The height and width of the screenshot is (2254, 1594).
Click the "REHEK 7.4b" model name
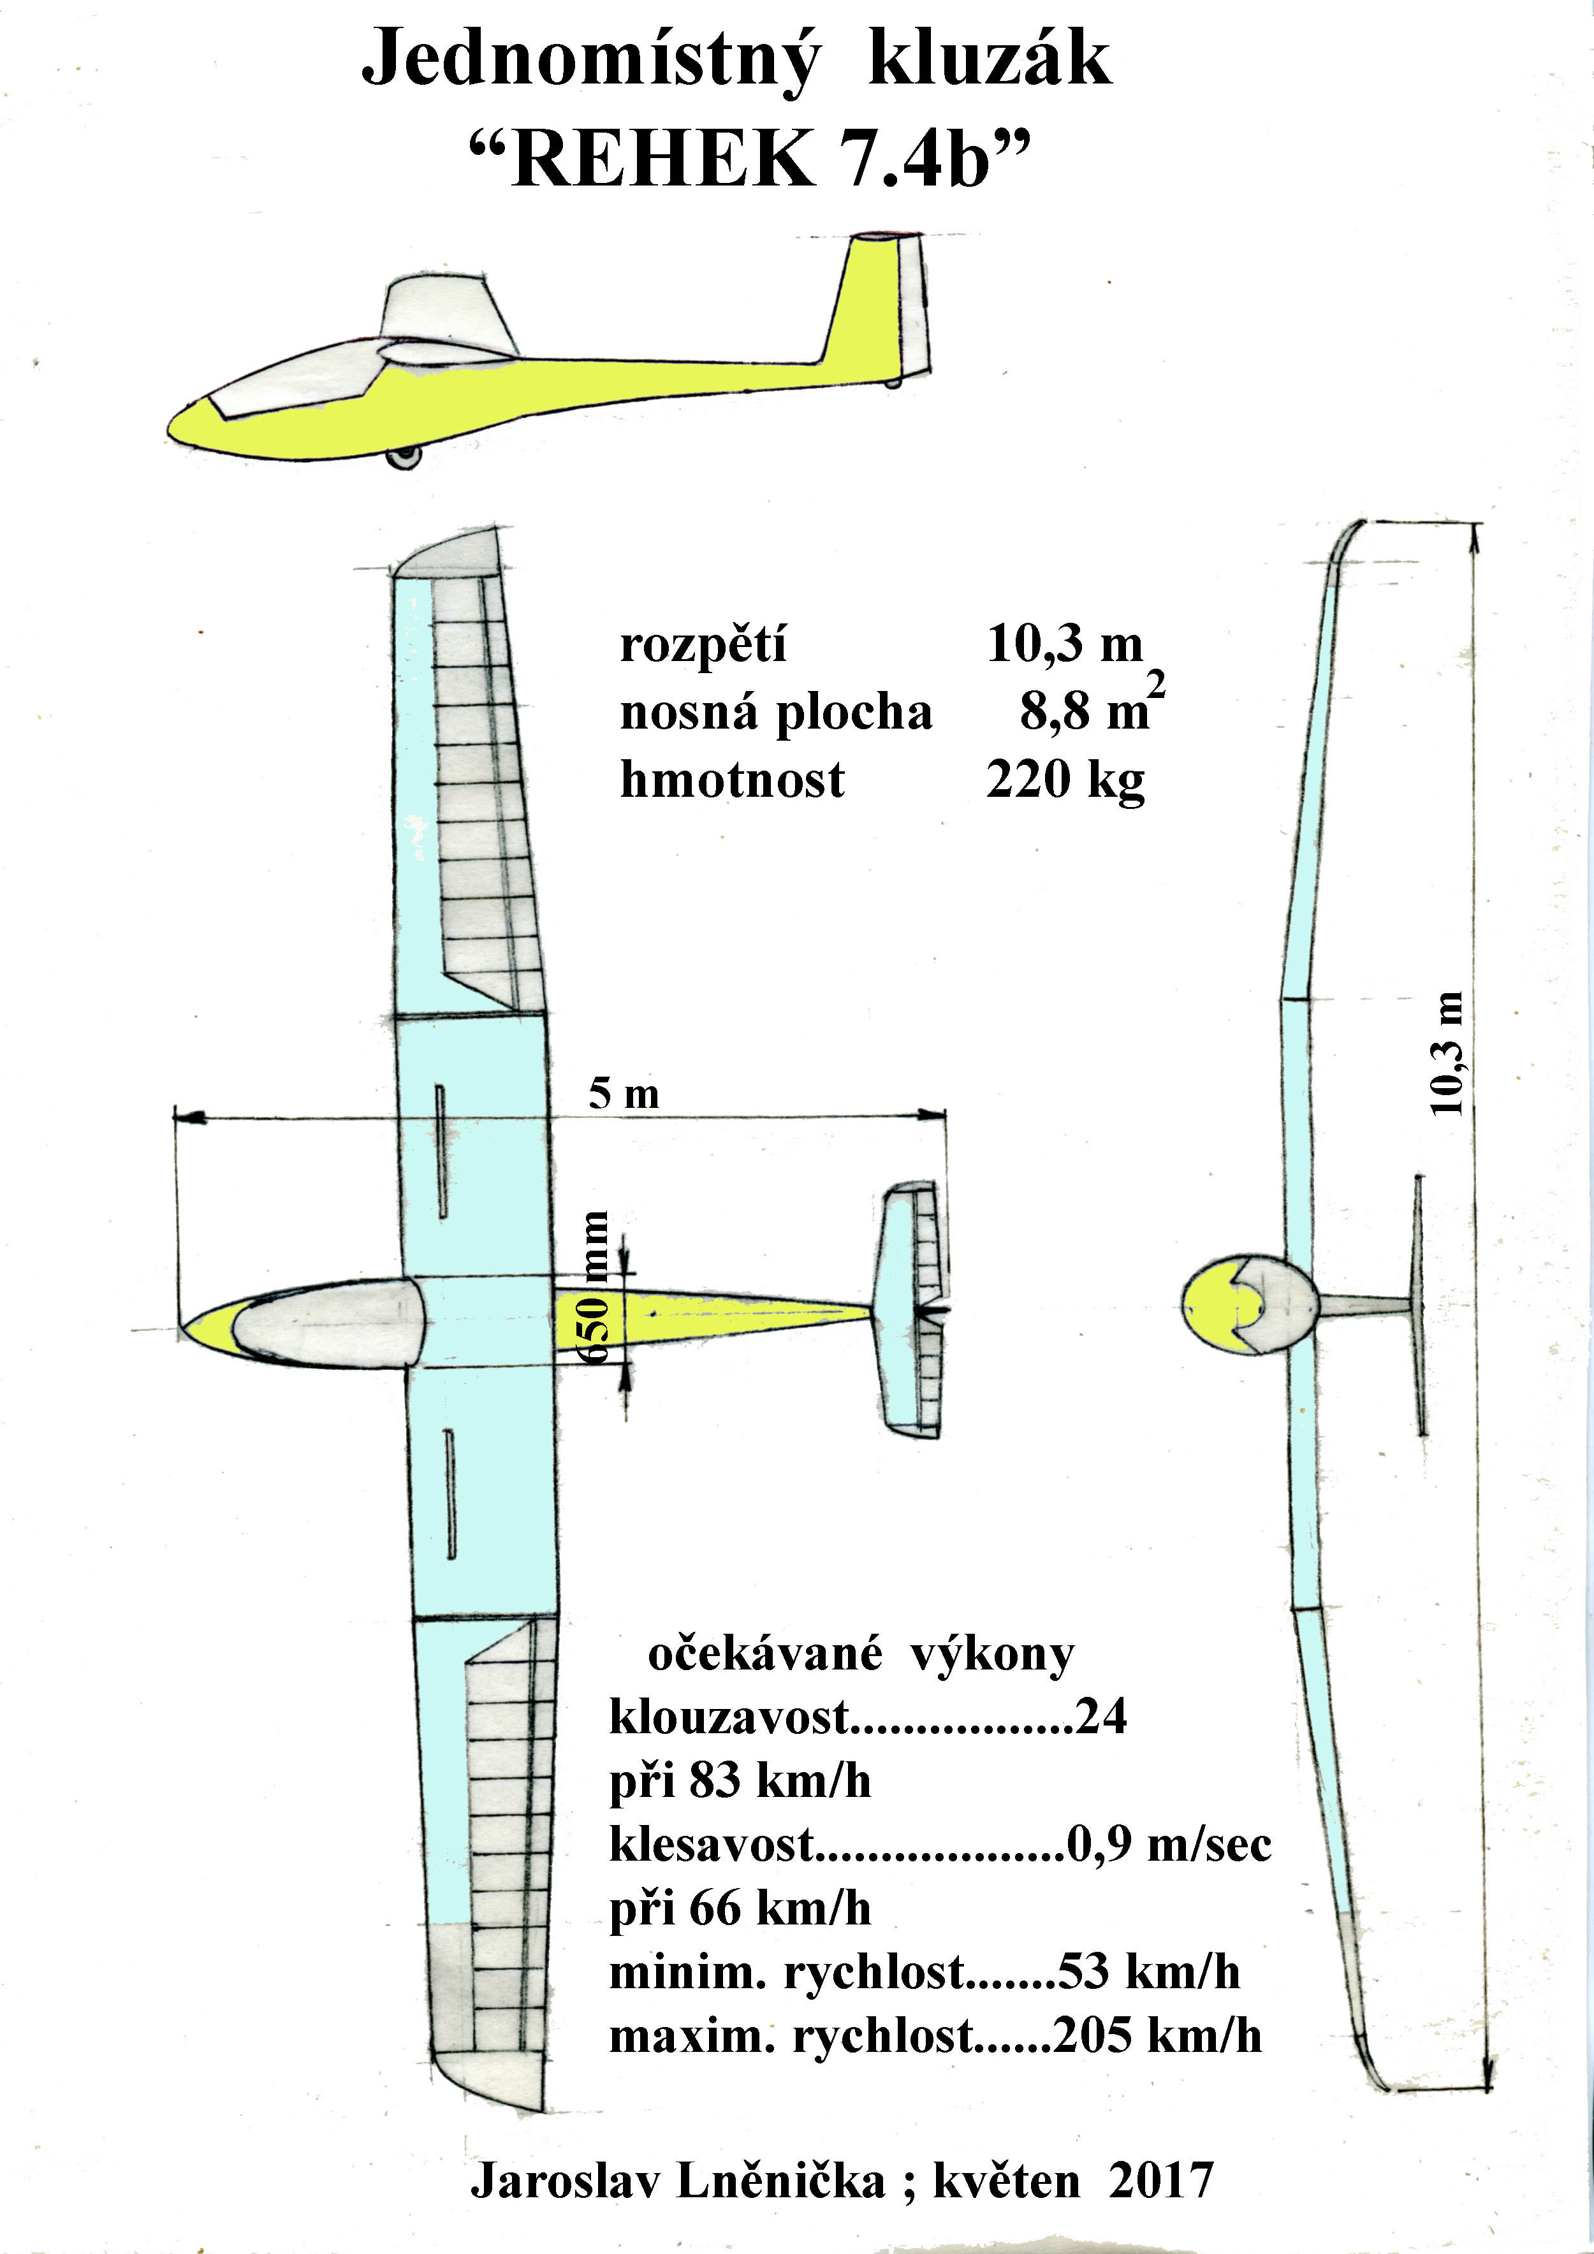tap(751, 158)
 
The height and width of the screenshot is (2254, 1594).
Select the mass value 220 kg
tap(1065, 780)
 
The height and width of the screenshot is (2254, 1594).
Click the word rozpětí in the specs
tap(703, 645)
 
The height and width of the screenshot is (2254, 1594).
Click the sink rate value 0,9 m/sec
tap(1170, 1845)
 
